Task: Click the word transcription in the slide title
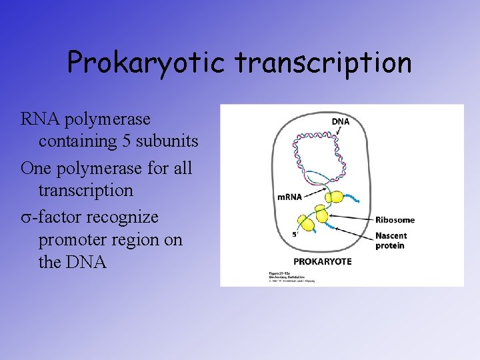click(x=323, y=63)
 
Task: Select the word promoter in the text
click(x=72, y=239)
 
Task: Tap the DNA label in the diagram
click(x=341, y=122)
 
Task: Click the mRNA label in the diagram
click(x=289, y=196)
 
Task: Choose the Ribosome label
click(x=395, y=219)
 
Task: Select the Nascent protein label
click(x=391, y=240)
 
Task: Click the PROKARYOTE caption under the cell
click(x=323, y=261)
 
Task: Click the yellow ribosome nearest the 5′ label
click(x=306, y=223)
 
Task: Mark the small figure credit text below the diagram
click(x=292, y=277)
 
